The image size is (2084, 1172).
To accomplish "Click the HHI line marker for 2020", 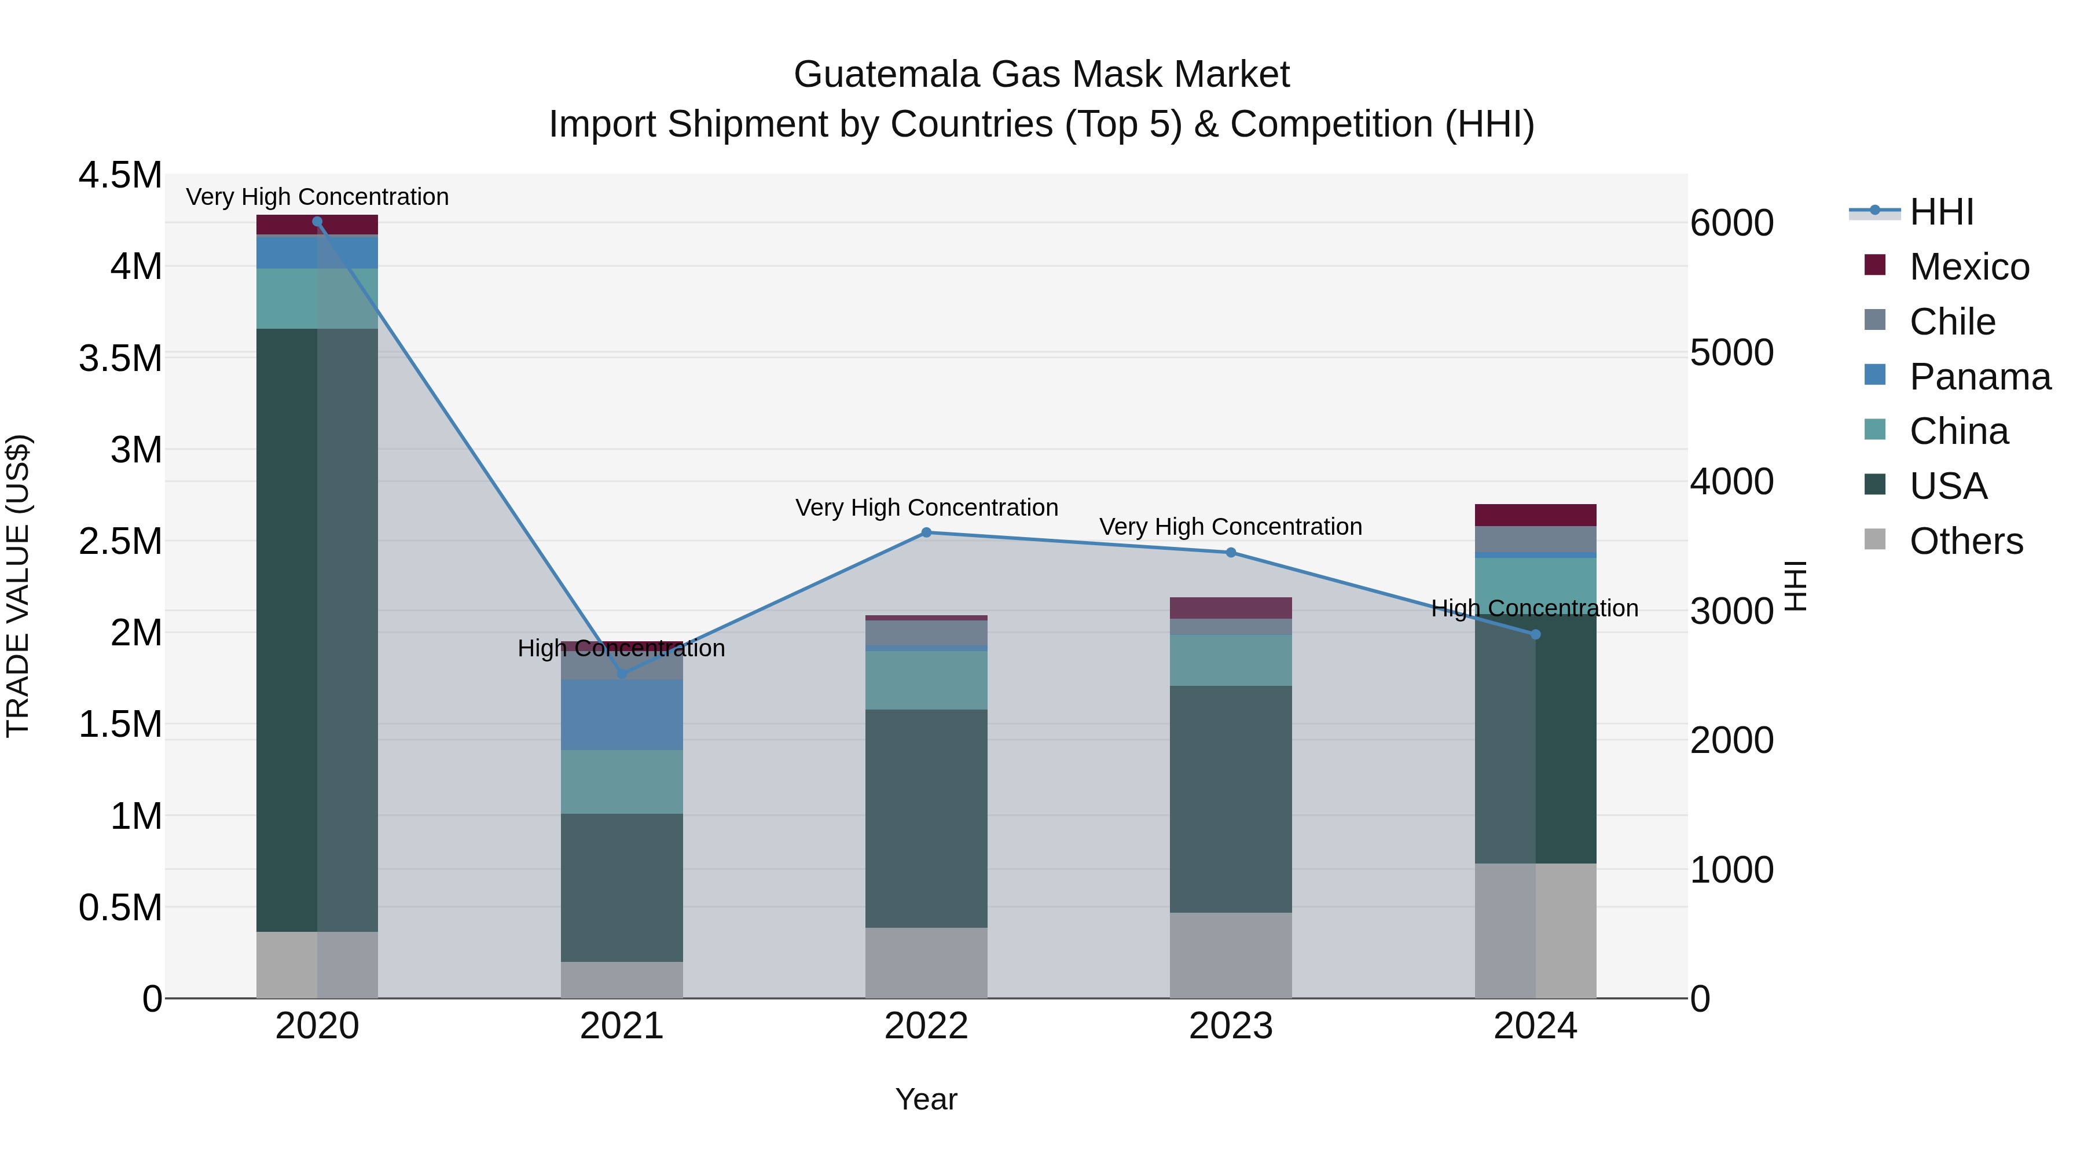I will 317,222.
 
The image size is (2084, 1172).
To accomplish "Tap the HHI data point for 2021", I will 621,674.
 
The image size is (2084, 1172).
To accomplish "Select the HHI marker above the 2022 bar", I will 926,532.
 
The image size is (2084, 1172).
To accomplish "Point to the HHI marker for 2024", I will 1535,634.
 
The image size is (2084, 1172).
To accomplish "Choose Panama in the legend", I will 1979,377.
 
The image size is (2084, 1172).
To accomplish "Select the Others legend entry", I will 1965,541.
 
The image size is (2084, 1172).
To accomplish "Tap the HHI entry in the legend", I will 1941,212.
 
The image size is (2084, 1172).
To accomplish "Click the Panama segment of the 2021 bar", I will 621,715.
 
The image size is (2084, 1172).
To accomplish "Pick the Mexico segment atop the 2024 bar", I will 1535,515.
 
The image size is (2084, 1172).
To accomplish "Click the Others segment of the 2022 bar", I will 926,962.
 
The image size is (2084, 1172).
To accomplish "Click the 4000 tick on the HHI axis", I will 1732,482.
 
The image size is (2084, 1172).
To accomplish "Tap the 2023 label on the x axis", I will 1231,1026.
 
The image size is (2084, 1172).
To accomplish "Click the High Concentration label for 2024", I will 1535,608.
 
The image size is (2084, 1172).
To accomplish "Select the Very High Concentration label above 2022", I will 926,508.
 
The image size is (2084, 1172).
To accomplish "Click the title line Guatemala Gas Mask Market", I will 1041,75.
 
